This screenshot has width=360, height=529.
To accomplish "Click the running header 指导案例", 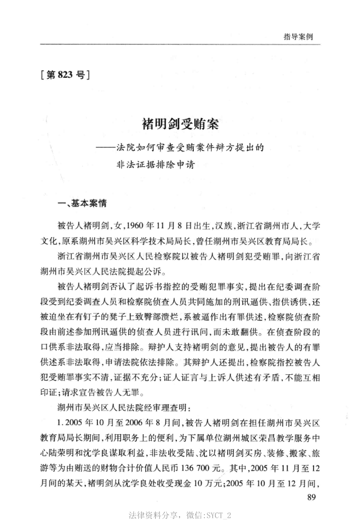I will point(298,37).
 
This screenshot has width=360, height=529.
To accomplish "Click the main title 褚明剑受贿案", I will point(180,125).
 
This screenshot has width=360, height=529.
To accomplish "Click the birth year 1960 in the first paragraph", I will point(137,225).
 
